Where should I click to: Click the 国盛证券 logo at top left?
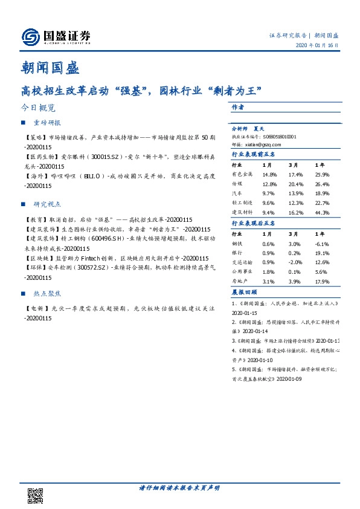(x=56, y=37)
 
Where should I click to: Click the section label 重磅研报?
(x=47, y=123)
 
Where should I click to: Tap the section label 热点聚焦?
(x=47, y=293)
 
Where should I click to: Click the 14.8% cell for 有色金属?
(x=269, y=175)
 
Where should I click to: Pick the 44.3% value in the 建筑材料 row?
(x=322, y=213)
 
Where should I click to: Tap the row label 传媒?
(x=237, y=184)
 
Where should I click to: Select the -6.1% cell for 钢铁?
(x=322, y=243)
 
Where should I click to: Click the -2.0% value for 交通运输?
(x=295, y=262)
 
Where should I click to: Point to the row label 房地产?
(x=240, y=282)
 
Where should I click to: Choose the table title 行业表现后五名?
(x=254, y=223)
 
